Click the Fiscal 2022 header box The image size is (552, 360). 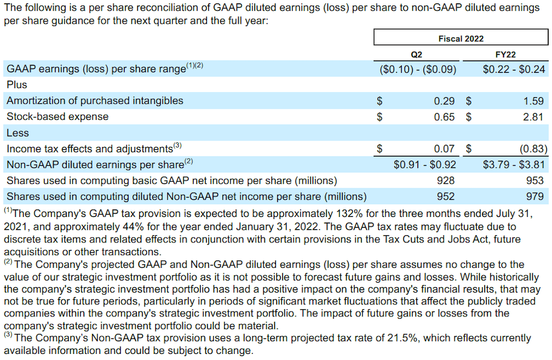461,38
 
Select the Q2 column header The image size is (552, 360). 417,55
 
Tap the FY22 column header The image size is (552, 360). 506,55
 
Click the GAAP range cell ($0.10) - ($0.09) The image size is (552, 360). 418,69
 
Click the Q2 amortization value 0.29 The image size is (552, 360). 444,101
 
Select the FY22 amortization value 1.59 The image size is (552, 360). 533,101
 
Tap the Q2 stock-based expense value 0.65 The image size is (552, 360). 444,117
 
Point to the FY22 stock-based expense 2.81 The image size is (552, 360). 533,117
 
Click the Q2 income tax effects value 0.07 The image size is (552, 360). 444,149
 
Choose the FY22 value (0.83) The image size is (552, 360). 532,149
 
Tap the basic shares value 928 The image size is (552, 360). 445,181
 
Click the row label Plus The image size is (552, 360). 17,85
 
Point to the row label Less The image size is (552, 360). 18,133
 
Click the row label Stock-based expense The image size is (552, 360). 57,117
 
